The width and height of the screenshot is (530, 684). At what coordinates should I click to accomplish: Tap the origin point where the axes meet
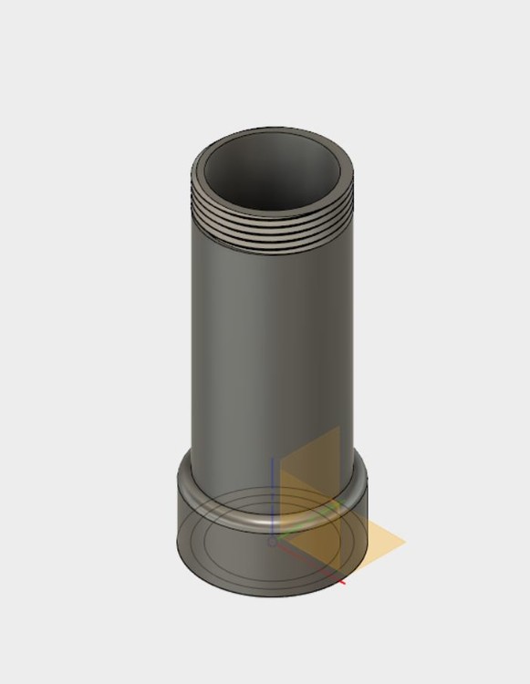(x=273, y=542)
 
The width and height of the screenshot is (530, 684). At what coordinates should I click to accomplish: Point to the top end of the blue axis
(x=273, y=458)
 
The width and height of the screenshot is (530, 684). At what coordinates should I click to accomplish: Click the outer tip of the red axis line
(x=345, y=581)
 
